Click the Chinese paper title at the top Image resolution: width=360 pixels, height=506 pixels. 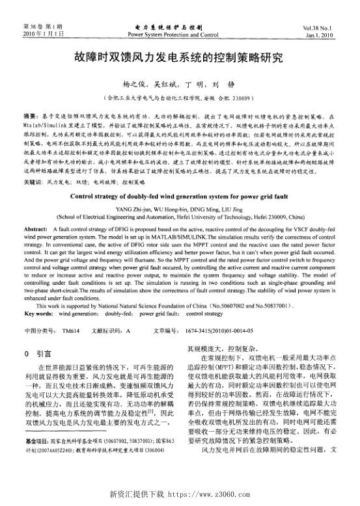click(179, 57)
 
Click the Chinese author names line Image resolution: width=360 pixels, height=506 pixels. click(180, 84)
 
